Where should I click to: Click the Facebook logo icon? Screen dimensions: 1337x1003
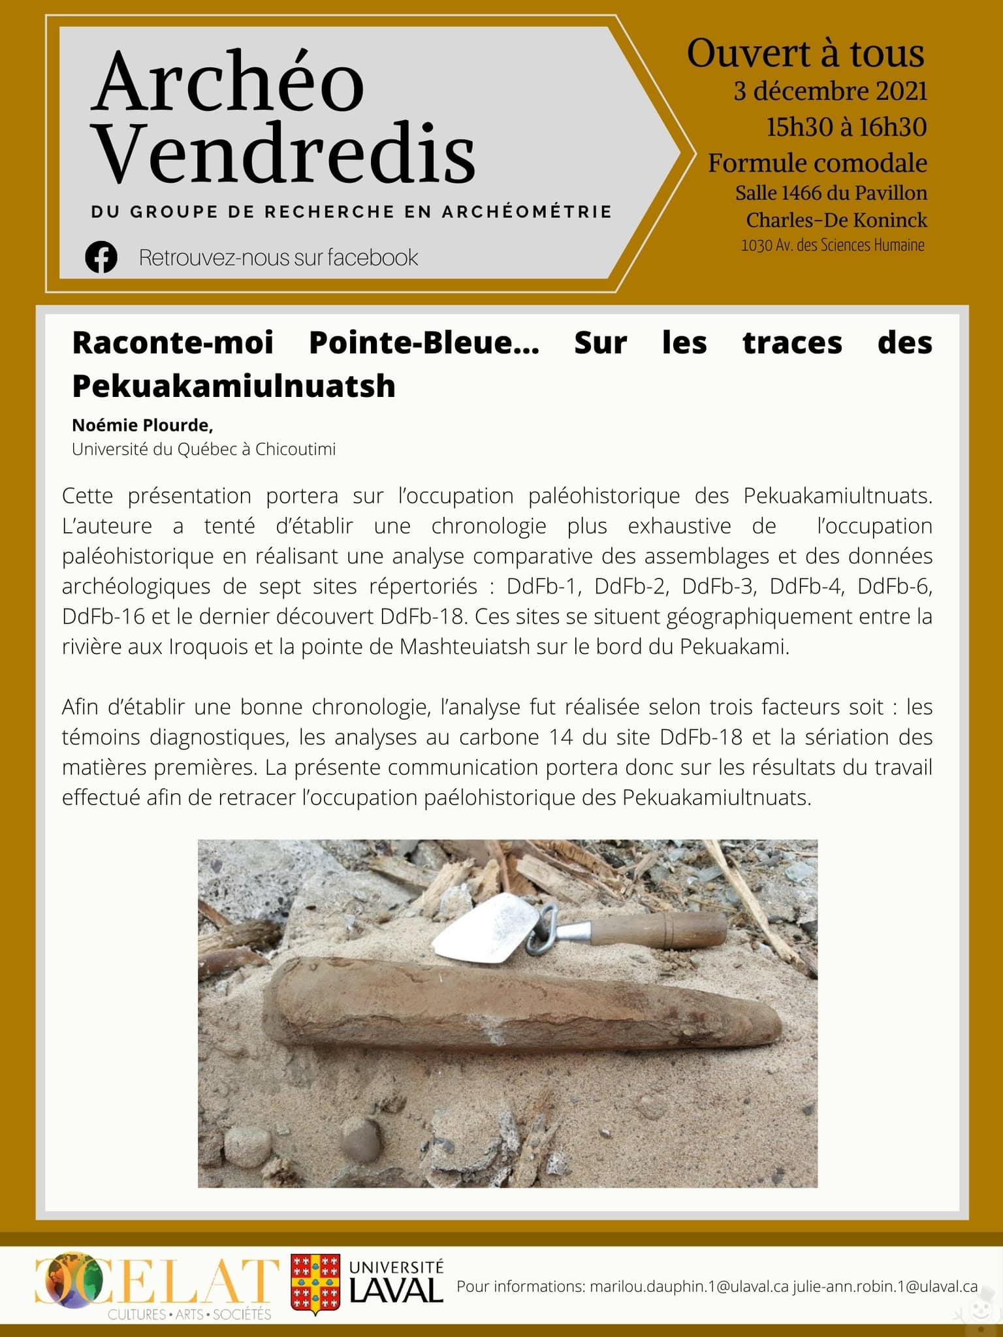coord(101,257)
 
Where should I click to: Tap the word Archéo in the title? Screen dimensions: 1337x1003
coord(228,84)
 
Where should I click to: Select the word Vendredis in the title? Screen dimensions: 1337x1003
coord(285,153)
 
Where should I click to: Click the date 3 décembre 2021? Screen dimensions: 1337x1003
coord(830,91)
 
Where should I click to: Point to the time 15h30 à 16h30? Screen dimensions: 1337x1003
coord(846,127)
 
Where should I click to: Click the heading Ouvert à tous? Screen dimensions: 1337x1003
coord(805,54)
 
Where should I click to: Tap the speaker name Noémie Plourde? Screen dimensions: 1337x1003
coord(142,426)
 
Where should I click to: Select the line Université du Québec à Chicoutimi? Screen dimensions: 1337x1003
coord(204,450)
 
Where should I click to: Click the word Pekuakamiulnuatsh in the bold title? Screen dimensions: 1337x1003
coord(234,386)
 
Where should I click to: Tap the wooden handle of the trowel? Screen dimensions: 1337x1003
coord(660,931)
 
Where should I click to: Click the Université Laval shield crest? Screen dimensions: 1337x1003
coord(315,1283)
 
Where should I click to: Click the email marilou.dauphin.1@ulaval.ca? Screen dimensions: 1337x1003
coord(689,1287)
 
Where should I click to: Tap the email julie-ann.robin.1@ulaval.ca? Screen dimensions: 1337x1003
coord(885,1287)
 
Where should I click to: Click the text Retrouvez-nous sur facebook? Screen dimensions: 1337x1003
coord(278,258)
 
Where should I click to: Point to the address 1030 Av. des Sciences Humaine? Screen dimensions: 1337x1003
coord(833,245)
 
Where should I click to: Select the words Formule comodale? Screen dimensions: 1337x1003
coord(818,163)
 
